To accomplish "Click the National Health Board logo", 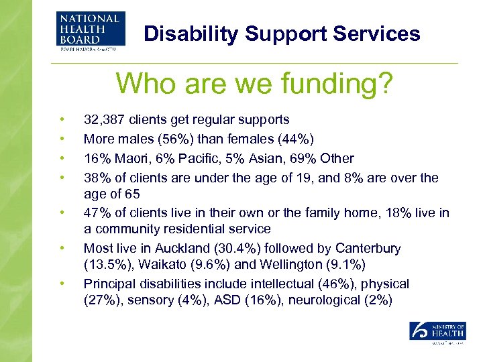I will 91,31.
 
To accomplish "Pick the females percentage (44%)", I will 298,139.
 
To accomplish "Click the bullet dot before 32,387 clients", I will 62,120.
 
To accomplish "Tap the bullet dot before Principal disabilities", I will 62,284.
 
